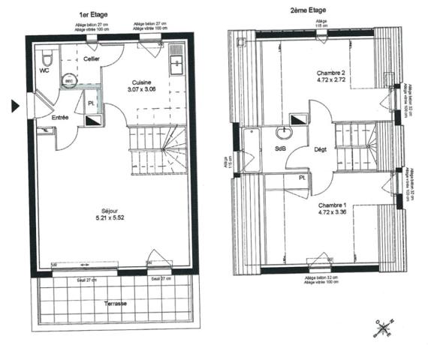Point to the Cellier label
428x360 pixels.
click(x=92, y=58)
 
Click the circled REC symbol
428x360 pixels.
click(x=69, y=82)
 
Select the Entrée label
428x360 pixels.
click(x=61, y=118)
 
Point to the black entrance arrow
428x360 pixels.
click(x=15, y=106)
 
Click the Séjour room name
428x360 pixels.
click(x=106, y=211)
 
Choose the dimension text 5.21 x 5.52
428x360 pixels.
click(x=107, y=218)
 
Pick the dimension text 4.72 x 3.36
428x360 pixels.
click(x=330, y=213)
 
